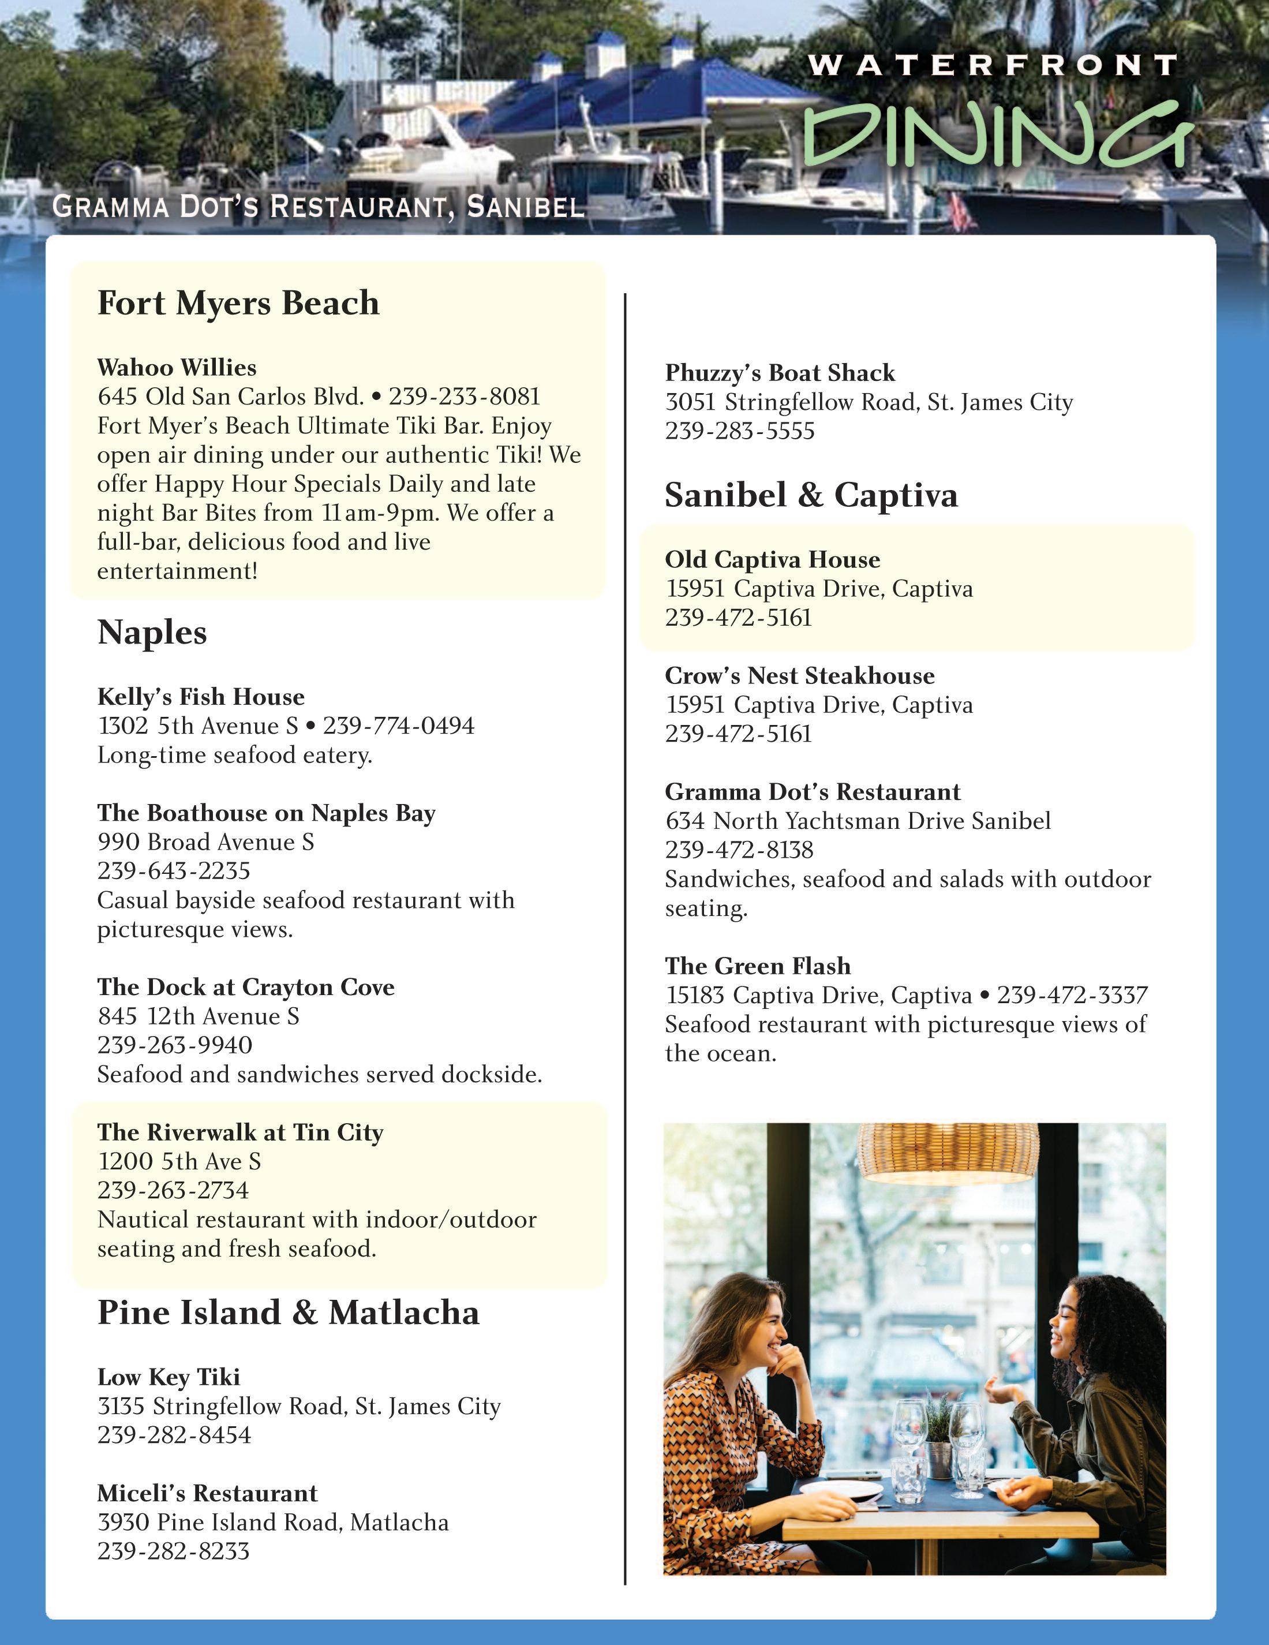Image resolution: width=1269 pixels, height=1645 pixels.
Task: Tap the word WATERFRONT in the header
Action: coord(992,66)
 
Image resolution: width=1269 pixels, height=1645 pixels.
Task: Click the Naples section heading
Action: coord(152,632)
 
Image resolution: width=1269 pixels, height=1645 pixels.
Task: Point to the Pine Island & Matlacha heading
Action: coord(289,1313)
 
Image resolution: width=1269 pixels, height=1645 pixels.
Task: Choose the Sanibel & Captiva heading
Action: coord(811,495)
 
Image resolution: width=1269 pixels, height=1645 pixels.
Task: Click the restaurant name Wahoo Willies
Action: coord(177,368)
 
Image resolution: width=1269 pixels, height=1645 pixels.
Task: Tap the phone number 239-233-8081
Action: coord(465,396)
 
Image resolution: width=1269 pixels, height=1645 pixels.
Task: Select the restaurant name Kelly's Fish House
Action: coord(201,697)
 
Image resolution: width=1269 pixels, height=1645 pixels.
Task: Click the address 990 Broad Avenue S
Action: coord(205,842)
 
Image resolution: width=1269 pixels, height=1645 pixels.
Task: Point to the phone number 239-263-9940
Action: coord(175,1045)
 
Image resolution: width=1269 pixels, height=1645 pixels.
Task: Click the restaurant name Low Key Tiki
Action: coord(169,1378)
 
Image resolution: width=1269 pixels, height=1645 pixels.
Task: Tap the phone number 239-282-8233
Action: coord(173,1551)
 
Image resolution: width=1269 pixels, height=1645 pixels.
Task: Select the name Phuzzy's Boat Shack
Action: coord(780,373)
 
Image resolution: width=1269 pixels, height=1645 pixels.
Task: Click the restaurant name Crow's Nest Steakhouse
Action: coord(799,676)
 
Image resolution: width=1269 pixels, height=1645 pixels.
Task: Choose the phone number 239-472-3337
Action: coord(1072,995)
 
